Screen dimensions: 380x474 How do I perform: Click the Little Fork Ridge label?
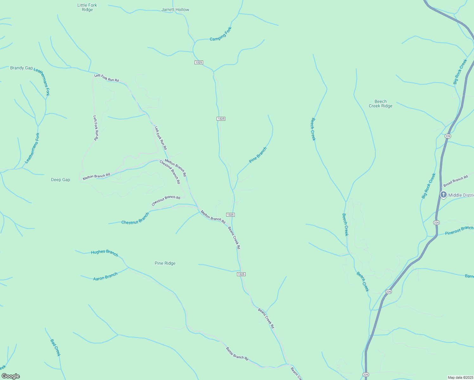[x=87, y=7]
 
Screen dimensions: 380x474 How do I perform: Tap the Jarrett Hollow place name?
[x=175, y=9]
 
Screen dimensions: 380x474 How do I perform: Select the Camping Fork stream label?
[x=221, y=34]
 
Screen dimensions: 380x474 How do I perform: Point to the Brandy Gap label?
[x=22, y=68]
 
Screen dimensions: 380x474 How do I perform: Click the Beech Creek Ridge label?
[x=381, y=104]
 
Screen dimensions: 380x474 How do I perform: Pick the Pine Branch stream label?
[x=258, y=155]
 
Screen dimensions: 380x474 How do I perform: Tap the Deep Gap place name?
[x=61, y=180]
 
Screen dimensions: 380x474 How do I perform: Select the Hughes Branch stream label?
[x=105, y=253]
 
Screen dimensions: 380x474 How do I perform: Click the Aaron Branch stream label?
[x=106, y=276]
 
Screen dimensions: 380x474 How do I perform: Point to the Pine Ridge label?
[x=165, y=263]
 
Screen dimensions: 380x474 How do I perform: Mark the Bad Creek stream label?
[x=55, y=347]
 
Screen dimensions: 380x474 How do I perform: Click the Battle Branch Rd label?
[x=237, y=353]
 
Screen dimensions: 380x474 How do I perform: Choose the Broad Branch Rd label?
[x=455, y=181]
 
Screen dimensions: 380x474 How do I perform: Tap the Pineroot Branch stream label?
[x=459, y=231]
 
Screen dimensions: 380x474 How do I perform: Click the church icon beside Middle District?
[x=444, y=195]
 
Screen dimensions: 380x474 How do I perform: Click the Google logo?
[x=10, y=376]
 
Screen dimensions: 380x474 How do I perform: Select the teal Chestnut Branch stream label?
[x=135, y=218]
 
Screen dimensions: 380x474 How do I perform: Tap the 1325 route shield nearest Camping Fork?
[x=199, y=62]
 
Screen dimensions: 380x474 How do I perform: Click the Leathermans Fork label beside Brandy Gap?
[x=42, y=82]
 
